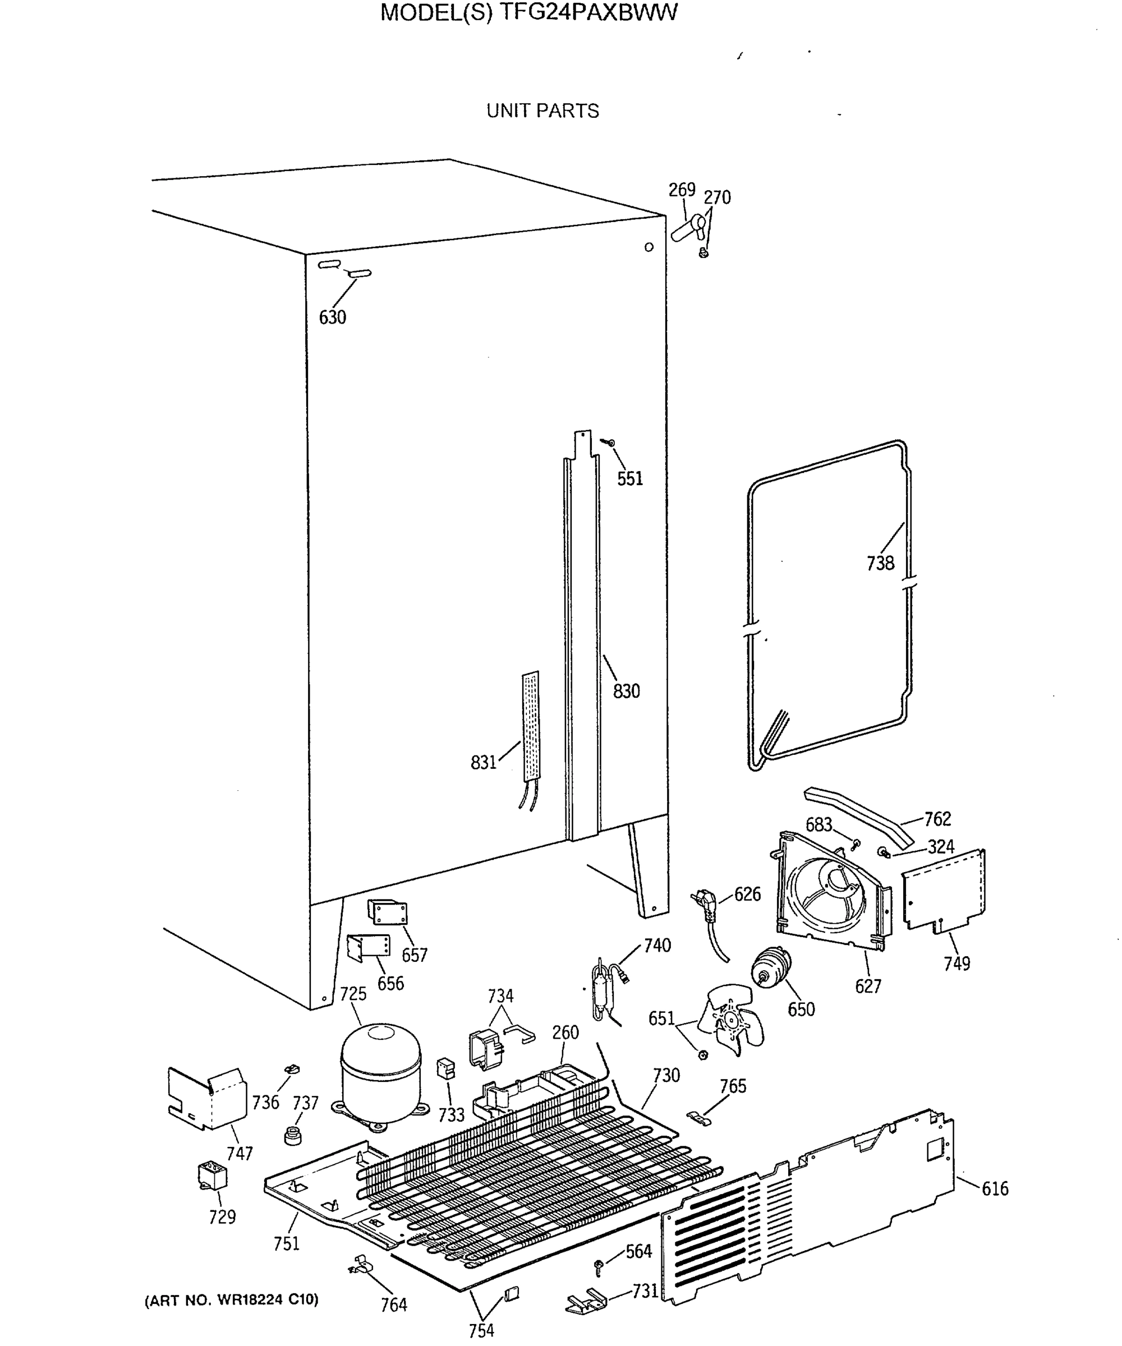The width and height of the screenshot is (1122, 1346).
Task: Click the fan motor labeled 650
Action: (x=771, y=968)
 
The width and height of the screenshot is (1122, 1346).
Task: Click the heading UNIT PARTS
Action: (x=542, y=111)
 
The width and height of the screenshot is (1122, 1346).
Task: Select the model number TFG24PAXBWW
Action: (x=587, y=13)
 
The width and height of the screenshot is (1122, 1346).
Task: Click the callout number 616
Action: (x=995, y=1189)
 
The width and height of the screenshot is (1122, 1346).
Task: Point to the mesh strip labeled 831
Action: (x=530, y=726)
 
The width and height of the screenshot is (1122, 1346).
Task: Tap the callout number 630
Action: (x=332, y=317)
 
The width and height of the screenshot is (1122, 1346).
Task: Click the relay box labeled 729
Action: (x=211, y=1176)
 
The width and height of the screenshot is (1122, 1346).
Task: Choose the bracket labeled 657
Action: (x=387, y=911)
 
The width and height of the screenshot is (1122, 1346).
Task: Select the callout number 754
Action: (x=481, y=1331)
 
